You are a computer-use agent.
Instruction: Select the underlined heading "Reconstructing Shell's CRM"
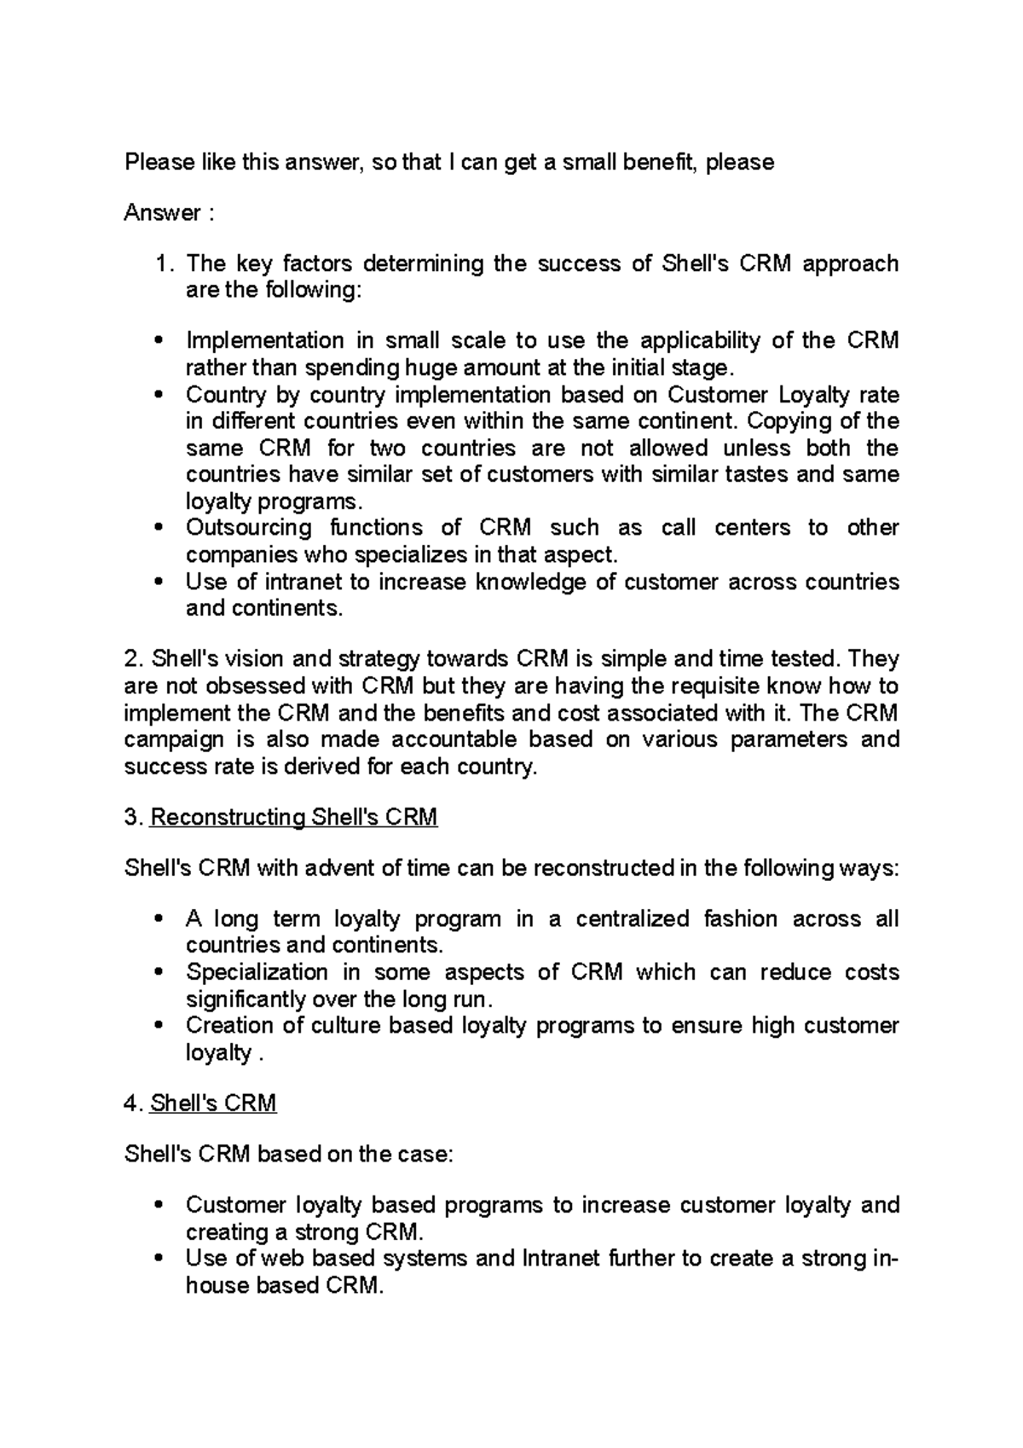pyautogui.click(x=293, y=817)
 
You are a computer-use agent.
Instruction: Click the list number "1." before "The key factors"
pyautogui.click(x=165, y=264)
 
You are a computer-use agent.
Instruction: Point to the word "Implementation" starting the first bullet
pyautogui.click(x=265, y=341)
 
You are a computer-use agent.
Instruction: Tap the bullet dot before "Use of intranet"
pyautogui.click(x=159, y=583)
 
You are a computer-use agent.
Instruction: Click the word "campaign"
pyautogui.click(x=175, y=739)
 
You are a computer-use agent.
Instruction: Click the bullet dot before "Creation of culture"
pyautogui.click(x=159, y=1027)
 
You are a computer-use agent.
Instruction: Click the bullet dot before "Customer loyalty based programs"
pyautogui.click(x=159, y=1207)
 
